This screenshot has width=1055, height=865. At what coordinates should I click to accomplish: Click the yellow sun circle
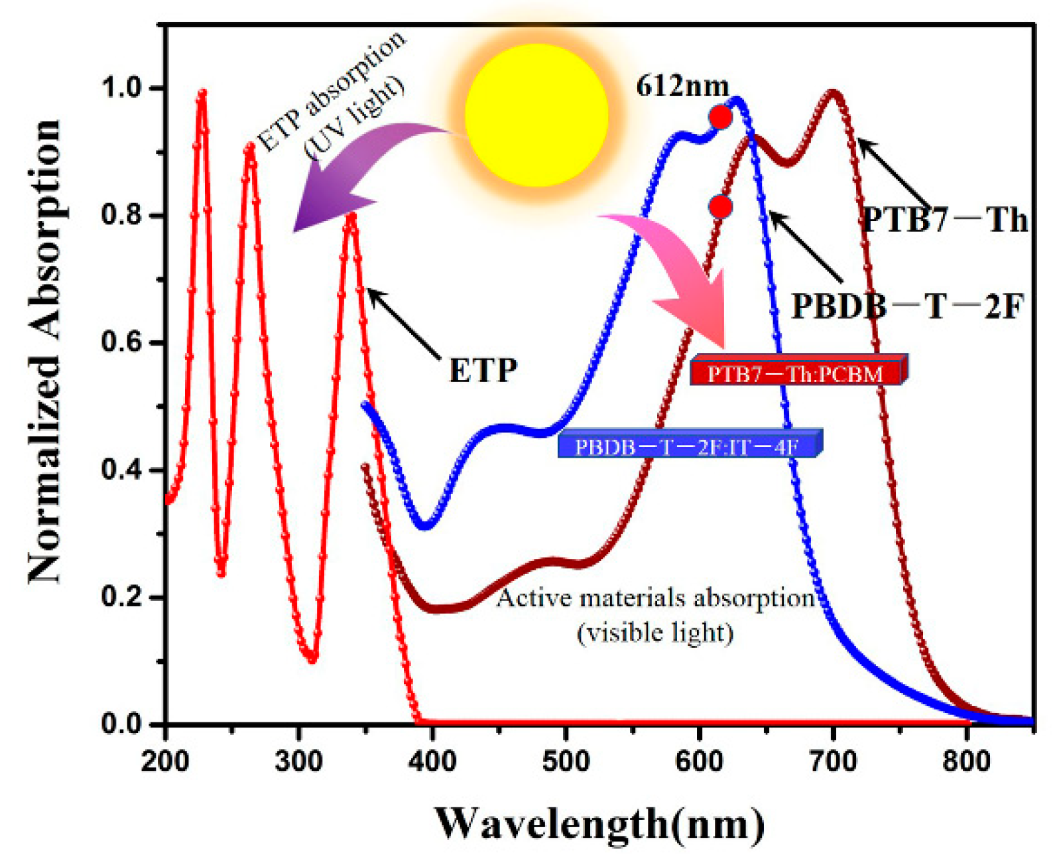tap(536, 115)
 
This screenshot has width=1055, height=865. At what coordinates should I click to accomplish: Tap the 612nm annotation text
tap(682, 86)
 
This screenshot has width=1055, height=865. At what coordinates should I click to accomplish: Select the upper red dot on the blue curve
tap(720, 117)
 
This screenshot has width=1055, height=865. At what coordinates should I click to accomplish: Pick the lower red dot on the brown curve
tap(720, 207)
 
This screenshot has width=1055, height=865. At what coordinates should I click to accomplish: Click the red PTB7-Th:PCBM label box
tap(797, 373)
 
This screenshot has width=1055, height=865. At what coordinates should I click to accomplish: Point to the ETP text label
tap(483, 370)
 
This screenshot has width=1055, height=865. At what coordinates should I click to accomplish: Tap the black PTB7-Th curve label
tap(944, 220)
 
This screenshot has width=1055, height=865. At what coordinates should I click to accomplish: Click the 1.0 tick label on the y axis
tap(123, 88)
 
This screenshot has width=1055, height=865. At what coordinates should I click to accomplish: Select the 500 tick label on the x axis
tap(566, 760)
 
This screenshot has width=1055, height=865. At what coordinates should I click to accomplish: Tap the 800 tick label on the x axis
tap(966, 760)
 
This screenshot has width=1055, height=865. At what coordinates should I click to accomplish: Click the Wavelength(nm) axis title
tap(599, 823)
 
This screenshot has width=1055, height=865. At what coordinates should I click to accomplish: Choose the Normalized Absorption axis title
tap(45, 352)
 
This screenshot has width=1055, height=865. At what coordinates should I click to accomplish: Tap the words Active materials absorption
tap(655, 598)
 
